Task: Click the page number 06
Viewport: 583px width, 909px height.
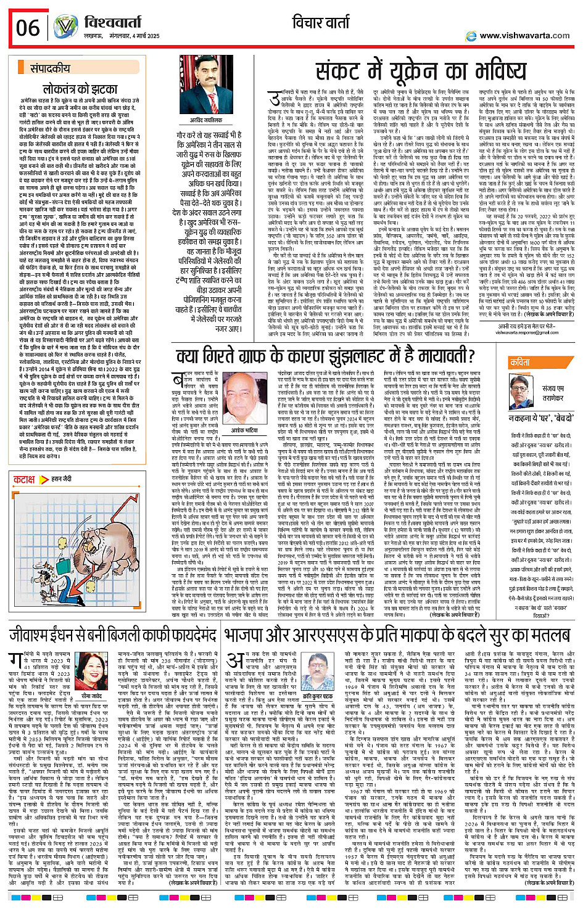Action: (x=27, y=28)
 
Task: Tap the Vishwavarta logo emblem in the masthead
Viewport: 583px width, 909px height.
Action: (x=65, y=27)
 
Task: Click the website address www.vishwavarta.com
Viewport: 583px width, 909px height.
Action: (x=524, y=36)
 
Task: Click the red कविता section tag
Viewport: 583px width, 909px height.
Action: (x=519, y=363)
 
